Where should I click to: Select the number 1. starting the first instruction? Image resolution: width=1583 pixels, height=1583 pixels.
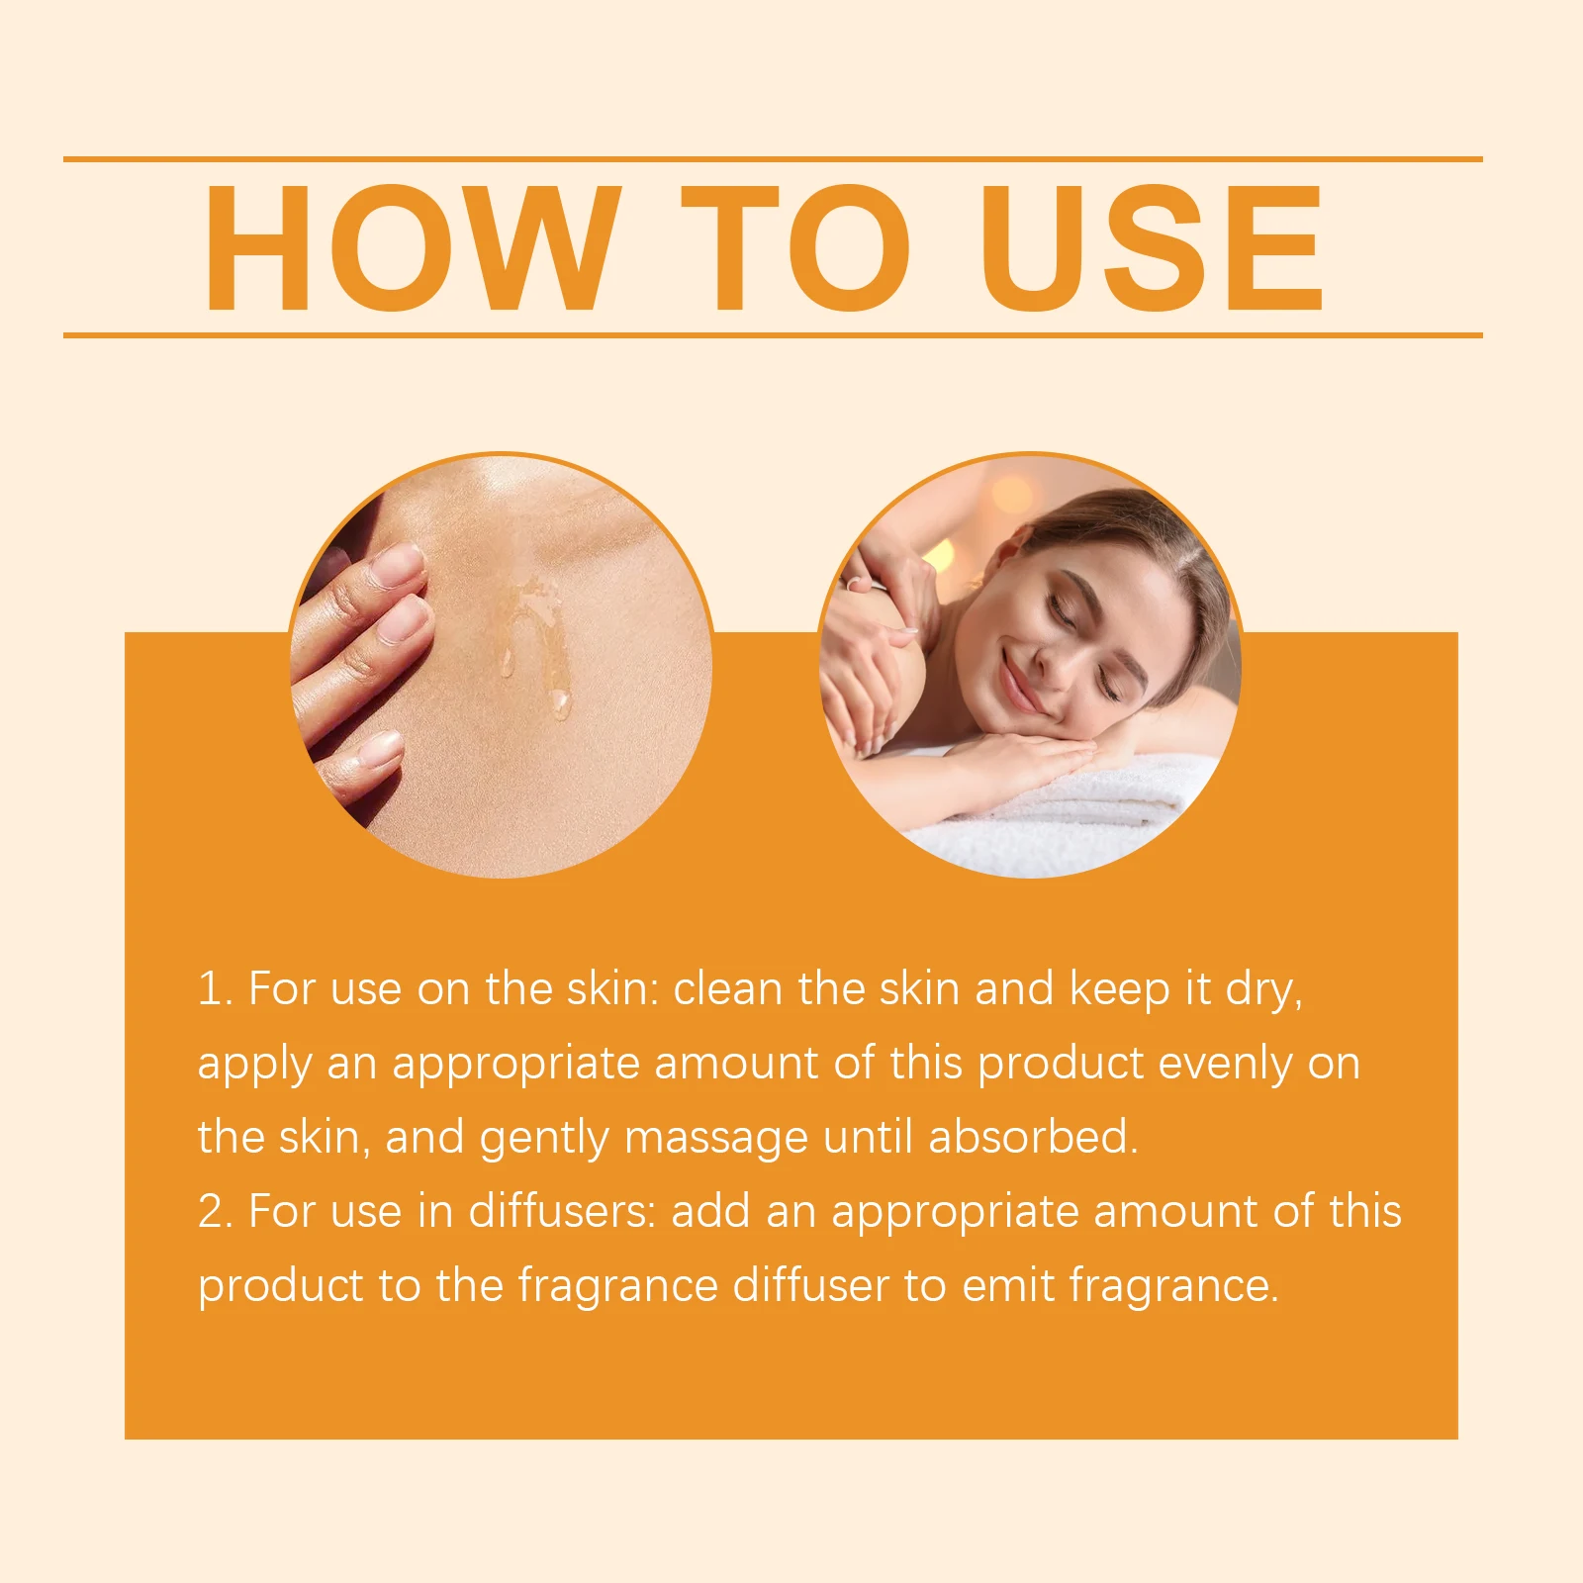(x=215, y=988)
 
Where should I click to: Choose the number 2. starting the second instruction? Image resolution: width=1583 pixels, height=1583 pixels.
(x=215, y=1211)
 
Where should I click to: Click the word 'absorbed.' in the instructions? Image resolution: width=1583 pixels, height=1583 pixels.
(x=1033, y=1137)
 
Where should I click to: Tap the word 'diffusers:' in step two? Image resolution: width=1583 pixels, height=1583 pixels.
(x=561, y=1211)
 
